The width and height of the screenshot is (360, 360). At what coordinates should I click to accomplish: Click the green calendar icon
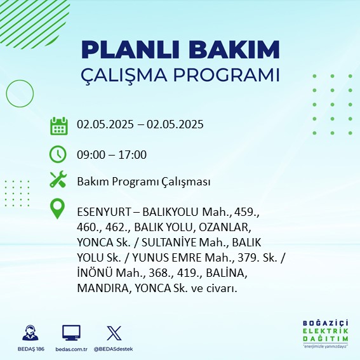59,126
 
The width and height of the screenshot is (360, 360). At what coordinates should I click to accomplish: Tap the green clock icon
58,154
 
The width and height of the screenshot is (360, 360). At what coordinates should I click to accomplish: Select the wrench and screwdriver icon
58,179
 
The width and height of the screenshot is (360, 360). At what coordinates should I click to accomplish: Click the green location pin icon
57,209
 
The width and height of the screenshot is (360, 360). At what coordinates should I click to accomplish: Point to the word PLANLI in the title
130,50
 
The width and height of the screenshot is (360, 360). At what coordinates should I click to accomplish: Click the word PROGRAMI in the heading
226,75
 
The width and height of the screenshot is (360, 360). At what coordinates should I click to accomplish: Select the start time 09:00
91,155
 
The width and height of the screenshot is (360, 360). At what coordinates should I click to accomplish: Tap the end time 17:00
133,155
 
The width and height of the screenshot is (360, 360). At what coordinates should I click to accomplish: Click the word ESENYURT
103,212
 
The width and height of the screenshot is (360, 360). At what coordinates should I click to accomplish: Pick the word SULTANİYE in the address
169,242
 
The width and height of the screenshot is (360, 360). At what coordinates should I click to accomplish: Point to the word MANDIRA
103,288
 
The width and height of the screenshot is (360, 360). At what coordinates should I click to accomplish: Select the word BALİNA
227,273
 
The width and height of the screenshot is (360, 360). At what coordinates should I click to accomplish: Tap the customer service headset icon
30,333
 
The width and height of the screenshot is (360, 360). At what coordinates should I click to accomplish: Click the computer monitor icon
71,333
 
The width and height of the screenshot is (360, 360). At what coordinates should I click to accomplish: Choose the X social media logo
114,333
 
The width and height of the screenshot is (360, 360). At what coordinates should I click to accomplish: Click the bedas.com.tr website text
71,349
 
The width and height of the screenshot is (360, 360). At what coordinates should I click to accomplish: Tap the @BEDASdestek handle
113,349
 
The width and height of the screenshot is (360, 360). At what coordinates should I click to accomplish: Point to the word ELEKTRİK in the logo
325,331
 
